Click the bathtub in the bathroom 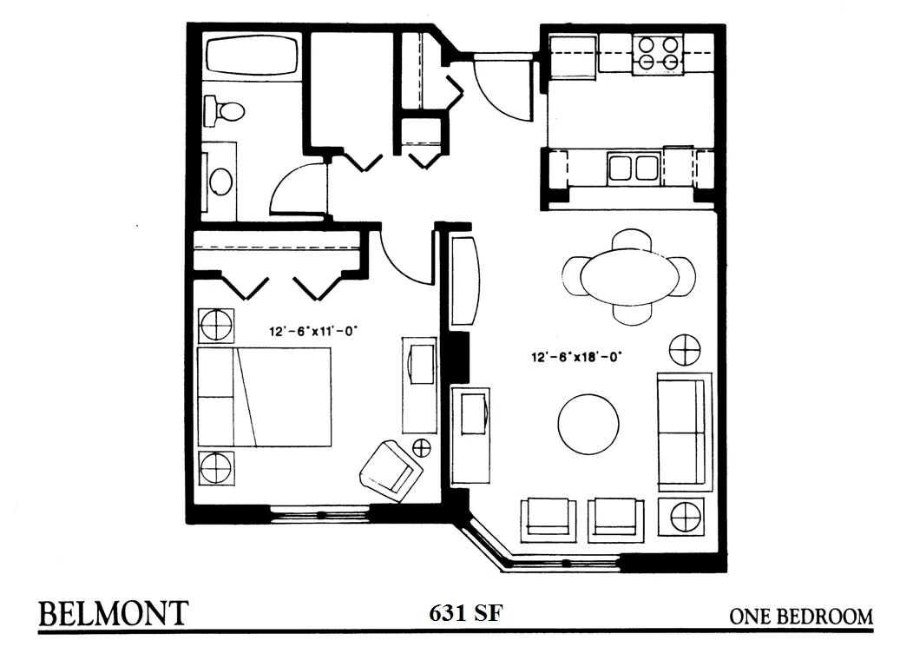252,56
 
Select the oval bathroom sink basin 220,182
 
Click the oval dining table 629,276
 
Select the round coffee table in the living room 588,424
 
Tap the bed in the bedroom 265,397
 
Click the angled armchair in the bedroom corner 391,472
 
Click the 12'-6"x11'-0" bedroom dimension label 312,332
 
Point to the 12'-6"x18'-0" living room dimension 576,356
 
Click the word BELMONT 114,613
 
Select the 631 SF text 466,613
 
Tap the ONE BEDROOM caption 801,617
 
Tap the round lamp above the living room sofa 685,350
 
